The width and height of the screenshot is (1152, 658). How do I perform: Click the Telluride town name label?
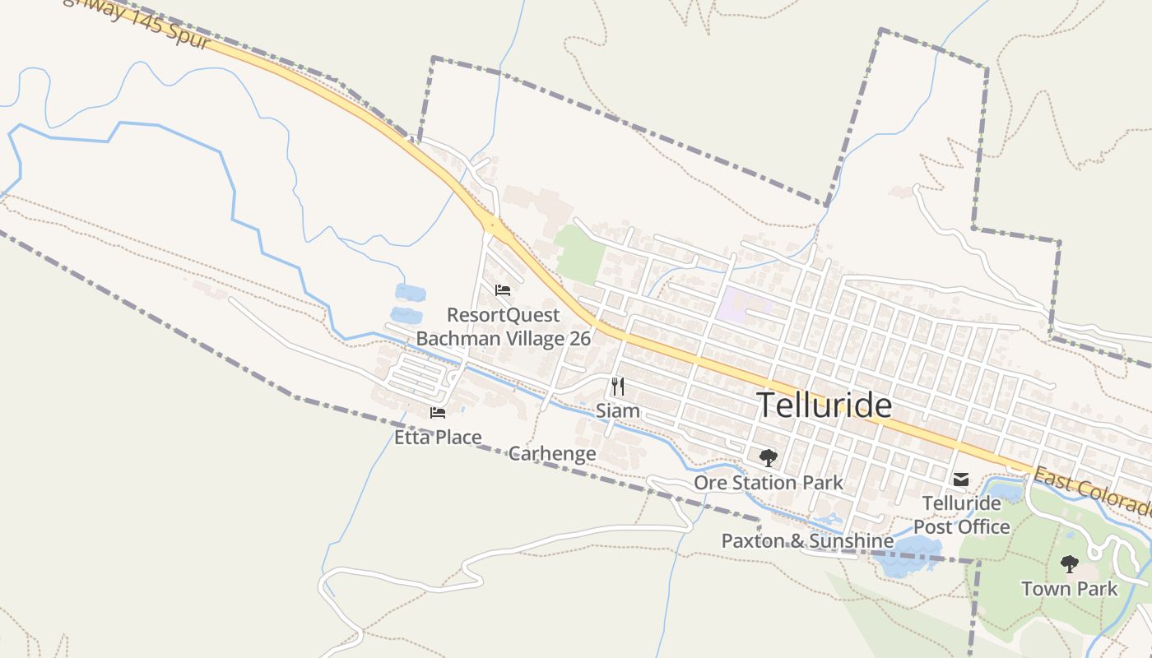click(824, 405)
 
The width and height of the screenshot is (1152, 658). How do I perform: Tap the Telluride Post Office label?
click(961, 515)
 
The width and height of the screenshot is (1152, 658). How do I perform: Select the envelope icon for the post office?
click(960, 480)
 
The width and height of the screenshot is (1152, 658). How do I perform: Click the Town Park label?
click(1069, 589)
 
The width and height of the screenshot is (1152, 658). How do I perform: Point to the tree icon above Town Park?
click(1069, 564)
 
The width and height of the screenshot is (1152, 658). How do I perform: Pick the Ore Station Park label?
click(768, 482)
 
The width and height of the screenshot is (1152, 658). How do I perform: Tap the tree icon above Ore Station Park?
click(768, 458)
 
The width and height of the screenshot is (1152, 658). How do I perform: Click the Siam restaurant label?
click(617, 410)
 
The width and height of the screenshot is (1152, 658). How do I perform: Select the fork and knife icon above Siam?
click(617, 387)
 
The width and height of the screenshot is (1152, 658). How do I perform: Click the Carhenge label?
click(552, 453)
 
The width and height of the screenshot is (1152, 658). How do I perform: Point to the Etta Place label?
click(438, 437)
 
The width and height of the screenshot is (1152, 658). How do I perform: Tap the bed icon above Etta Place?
click(438, 412)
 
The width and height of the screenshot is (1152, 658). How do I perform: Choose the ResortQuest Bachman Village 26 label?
click(503, 327)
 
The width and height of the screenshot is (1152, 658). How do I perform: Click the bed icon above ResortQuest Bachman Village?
click(503, 290)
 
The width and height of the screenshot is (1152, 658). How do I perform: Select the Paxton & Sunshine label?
click(807, 540)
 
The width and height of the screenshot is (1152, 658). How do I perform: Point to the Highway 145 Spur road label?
click(140, 23)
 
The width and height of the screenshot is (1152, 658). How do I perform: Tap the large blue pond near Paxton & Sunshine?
click(909, 555)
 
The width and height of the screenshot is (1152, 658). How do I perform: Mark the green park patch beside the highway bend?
click(579, 253)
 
